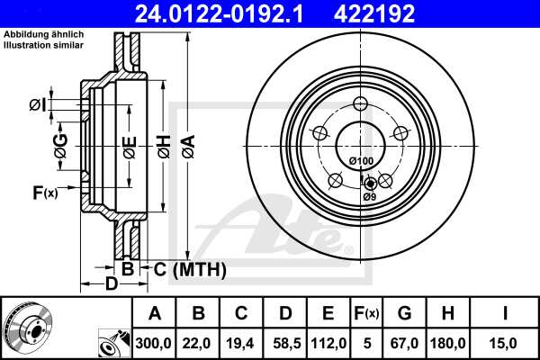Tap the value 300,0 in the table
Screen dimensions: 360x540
[154, 342]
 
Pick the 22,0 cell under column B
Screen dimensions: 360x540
[197, 342]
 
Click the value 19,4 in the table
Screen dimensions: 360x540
[241, 342]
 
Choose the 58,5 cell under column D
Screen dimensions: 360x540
[284, 342]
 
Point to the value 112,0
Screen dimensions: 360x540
[328, 342]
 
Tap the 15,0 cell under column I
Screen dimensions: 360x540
[506, 342]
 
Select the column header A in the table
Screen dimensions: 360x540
[154, 313]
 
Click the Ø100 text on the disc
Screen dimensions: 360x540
[361, 161]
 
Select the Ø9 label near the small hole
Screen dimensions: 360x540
[369, 197]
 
